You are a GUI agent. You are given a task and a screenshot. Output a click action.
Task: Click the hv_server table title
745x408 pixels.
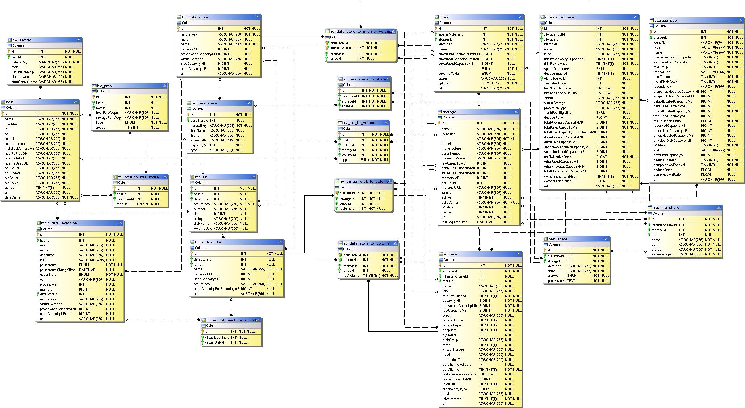pyautogui.click(x=22, y=40)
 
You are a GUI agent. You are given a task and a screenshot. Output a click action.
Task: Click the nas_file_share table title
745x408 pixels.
pyautogui.click(x=666, y=208)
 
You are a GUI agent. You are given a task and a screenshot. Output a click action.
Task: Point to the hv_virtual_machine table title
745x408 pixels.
pyautogui.click(x=59, y=223)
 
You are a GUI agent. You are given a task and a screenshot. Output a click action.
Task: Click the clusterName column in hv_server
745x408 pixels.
pyautogui.click(x=21, y=77)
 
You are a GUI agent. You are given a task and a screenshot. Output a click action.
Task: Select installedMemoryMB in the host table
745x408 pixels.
pyautogui.click(x=20, y=149)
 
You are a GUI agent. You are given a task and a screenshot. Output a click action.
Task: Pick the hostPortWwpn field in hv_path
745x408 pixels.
pyautogui.click(x=108, y=113)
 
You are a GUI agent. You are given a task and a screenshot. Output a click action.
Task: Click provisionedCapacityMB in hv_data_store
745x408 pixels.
pyautogui.click(x=199, y=54)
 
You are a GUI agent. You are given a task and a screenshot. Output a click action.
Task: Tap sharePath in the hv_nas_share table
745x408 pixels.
pyautogui.click(x=198, y=140)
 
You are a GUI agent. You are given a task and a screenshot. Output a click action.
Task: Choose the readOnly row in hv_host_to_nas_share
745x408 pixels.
pyautogui.click(x=124, y=204)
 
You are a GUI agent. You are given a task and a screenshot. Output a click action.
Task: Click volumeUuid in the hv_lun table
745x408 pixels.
pyautogui.click(x=203, y=229)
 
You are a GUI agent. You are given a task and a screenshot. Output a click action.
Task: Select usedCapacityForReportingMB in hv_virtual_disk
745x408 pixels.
pyautogui.click(x=216, y=289)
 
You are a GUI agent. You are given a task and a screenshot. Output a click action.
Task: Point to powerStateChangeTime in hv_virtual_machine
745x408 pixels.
pyautogui.click(x=58, y=270)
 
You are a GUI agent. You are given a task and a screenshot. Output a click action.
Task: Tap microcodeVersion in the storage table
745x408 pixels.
pyautogui.click(x=455, y=158)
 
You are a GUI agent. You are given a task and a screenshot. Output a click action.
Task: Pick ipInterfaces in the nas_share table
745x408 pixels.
pyautogui.click(x=556, y=281)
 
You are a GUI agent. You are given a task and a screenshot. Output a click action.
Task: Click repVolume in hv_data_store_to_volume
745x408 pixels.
pyautogui.click(x=351, y=276)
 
